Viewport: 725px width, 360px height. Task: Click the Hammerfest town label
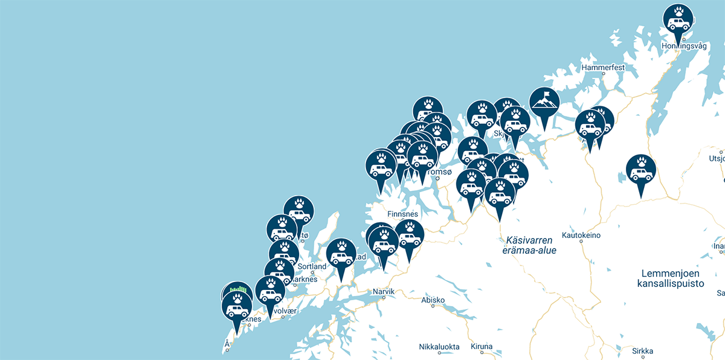tap(602, 68)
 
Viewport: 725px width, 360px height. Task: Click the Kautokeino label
tap(581, 234)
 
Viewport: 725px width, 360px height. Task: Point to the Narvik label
tap(384, 292)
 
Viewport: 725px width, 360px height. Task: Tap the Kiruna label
tap(482, 347)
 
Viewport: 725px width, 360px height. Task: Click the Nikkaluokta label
tap(439, 347)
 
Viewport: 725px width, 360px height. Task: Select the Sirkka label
tap(642, 350)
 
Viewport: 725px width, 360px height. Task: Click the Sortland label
tap(311, 266)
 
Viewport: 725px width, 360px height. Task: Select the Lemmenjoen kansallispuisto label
tap(671, 278)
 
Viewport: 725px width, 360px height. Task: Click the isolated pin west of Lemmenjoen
tap(640, 170)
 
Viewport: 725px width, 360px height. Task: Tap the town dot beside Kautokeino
tap(581, 241)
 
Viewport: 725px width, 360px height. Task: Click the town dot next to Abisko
tap(433, 306)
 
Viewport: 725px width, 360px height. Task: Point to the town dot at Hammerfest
tap(602, 74)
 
